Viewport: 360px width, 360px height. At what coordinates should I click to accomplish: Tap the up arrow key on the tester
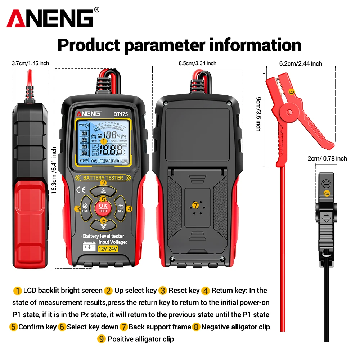point(103,191)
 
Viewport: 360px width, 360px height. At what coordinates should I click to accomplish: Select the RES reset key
point(85,208)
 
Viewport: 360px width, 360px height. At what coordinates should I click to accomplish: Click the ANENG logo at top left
point(50,18)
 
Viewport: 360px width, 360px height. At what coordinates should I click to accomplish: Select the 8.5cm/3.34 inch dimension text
point(197,63)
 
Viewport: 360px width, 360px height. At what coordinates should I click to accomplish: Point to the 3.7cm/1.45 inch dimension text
point(30,63)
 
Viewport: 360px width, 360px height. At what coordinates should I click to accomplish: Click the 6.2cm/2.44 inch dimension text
point(301,63)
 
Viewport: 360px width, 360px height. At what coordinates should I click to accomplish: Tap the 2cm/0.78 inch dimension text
point(327,158)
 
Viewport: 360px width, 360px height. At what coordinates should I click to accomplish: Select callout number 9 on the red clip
point(291,92)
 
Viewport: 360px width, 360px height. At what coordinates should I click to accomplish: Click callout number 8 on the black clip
point(327,193)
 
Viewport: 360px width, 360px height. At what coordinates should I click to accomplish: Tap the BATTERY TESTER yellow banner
point(103,177)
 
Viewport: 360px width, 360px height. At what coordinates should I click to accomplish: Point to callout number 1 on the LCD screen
point(103,142)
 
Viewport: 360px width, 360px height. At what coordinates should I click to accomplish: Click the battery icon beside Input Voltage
point(89,248)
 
